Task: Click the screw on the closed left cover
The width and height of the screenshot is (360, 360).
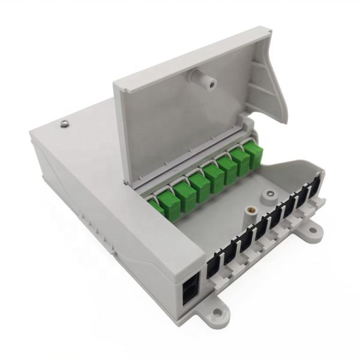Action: [65, 124]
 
